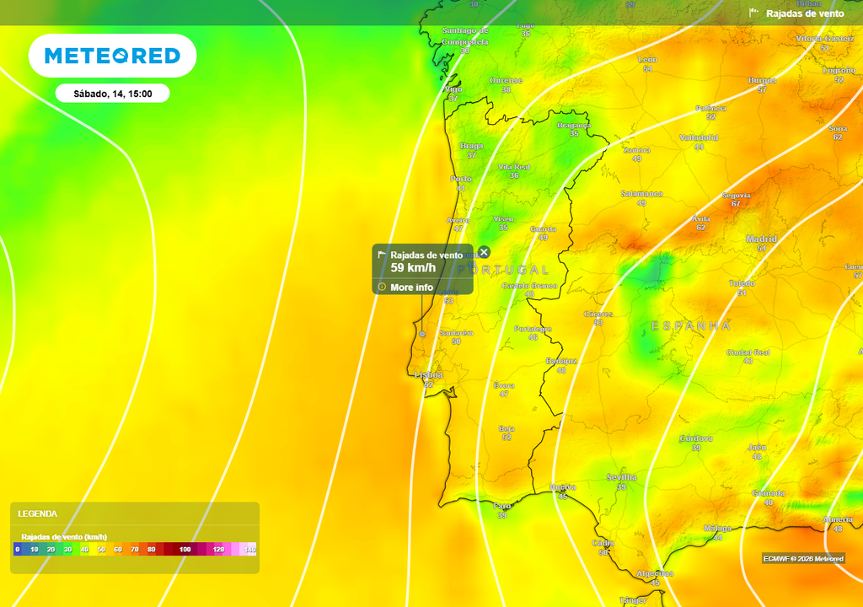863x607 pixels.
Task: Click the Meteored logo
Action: (112, 56)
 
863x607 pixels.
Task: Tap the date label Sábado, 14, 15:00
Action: (112, 94)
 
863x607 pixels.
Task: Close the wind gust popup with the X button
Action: (484, 252)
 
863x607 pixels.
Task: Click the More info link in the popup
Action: (411, 287)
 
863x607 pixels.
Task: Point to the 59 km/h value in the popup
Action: (413, 268)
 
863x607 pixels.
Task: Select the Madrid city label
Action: (761, 239)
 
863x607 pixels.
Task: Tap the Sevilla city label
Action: (622, 477)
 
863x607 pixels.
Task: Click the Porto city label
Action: (461, 180)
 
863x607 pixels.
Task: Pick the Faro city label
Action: (502, 506)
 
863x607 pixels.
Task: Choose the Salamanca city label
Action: (641, 194)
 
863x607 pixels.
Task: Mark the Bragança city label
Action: (574, 126)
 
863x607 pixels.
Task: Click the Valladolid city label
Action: (699, 137)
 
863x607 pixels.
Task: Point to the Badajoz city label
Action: (561, 361)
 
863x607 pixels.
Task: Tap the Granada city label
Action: (769, 493)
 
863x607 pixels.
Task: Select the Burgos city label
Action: (762, 80)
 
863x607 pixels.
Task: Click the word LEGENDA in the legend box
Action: (38, 513)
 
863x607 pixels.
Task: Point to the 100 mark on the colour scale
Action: (185, 550)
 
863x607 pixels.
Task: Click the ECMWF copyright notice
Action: (803, 558)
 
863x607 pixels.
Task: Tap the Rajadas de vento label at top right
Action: (804, 13)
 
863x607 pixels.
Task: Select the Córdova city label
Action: (696, 438)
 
